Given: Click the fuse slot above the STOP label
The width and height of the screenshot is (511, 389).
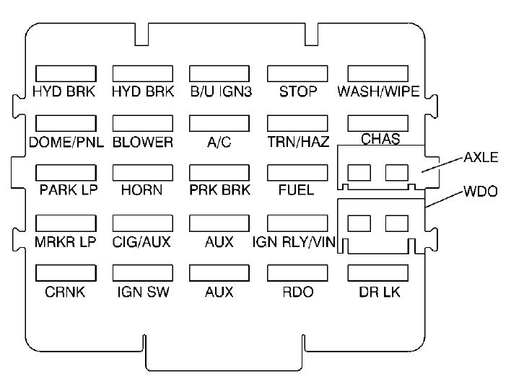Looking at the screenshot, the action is pos(297,73).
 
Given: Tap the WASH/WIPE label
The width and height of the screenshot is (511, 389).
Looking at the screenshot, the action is pos(378,91).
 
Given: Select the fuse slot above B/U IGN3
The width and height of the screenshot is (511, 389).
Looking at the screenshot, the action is pos(219,73).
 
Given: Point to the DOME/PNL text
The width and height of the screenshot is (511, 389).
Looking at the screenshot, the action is pos(66,142).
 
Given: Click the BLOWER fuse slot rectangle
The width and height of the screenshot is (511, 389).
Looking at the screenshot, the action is pos(143,124).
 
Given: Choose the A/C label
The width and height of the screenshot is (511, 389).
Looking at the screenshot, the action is pos(219,142).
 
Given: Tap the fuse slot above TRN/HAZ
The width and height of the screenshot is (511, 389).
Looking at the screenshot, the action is pos(297,124).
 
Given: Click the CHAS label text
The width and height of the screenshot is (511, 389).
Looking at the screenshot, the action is pos(380,139).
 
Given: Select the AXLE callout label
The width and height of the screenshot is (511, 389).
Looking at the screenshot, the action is pos(481,157).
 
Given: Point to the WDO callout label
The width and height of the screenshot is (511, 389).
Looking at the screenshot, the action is pos(481,191).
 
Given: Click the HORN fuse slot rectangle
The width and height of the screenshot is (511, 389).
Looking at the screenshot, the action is pos(143,173).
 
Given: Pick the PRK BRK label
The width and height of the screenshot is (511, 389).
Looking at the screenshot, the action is pos(219,190).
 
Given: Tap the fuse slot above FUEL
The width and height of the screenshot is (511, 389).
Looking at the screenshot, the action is pos(297,173).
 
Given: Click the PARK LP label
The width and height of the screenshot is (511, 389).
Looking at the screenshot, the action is pos(69,190).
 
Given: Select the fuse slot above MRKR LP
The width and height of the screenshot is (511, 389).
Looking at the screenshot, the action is pos(66,223).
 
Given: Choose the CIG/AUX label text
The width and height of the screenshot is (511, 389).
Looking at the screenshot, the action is pos(141,242).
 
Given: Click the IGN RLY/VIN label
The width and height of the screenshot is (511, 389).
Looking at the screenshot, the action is pos(294,242).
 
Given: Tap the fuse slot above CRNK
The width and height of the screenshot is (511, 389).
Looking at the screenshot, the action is pos(66,273).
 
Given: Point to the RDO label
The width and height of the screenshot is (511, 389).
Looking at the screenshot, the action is pos(298,292).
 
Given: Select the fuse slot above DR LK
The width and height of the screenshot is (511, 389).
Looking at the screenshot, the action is pos(378,273).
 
